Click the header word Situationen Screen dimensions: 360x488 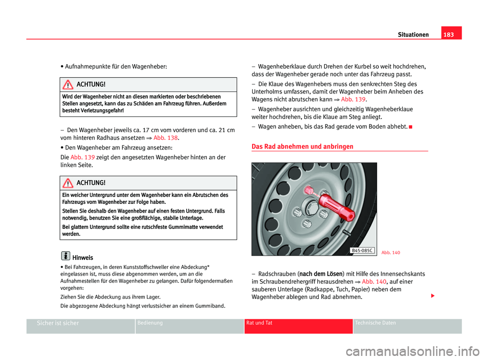click(414, 34)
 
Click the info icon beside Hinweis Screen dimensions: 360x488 click(65, 257)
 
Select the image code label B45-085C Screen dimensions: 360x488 click(362, 250)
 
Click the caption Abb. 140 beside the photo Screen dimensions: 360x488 click(390, 253)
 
